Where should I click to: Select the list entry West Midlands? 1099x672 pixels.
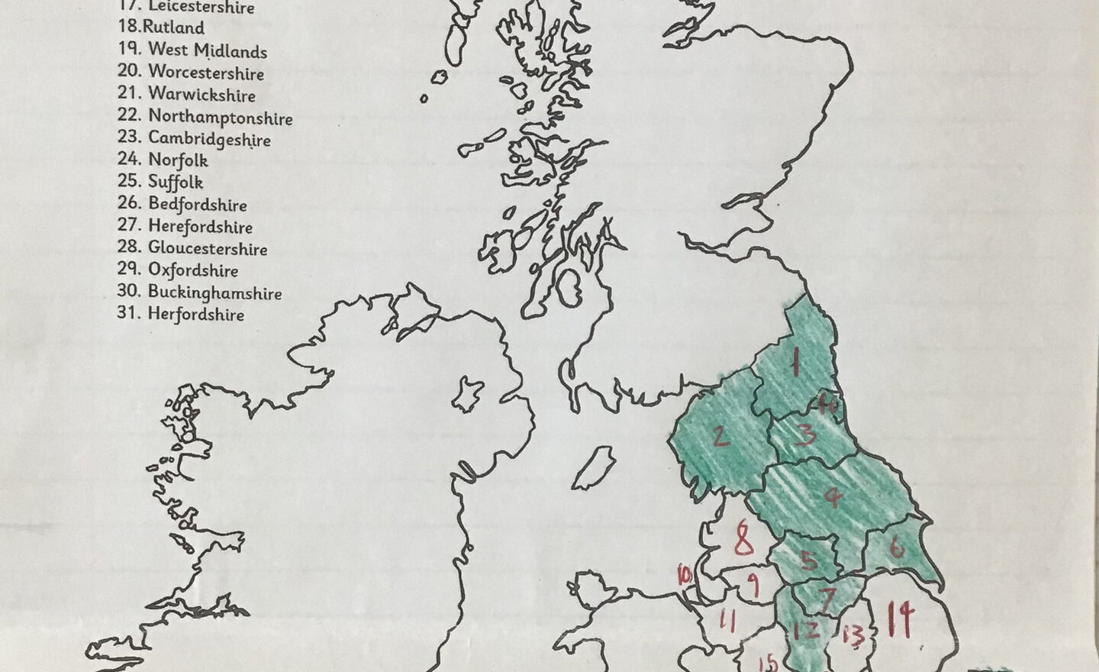pos(207,51)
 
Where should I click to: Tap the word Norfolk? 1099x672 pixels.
pos(178,160)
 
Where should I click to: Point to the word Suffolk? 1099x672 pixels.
pos(176,182)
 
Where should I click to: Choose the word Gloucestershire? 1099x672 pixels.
pos(208,249)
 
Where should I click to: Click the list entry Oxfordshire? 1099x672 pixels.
pos(193,270)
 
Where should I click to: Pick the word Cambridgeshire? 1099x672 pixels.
pos(209,139)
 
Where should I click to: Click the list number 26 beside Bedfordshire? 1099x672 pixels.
pos(129,204)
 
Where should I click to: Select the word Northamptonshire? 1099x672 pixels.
pos(220,118)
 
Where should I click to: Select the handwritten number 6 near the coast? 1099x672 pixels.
pos(897,547)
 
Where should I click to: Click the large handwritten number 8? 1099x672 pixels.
pos(743,540)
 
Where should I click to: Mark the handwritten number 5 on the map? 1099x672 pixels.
pos(808,561)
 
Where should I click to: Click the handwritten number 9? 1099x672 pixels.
pos(752,586)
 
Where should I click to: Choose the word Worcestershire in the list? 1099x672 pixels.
pos(206,73)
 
